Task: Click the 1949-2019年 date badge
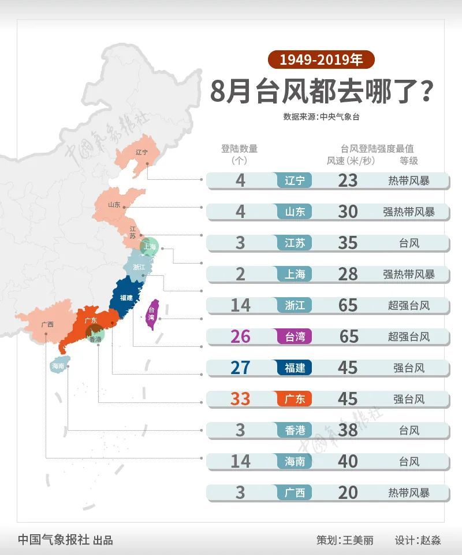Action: pyautogui.click(x=321, y=60)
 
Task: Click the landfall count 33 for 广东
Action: pyautogui.click(x=240, y=398)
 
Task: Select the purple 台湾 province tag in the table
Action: pyautogui.click(x=295, y=336)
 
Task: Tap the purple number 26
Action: pyautogui.click(x=240, y=336)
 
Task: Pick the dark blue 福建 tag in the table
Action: pyautogui.click(x=295, y=367)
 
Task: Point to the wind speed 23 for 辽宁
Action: pyautogui.click(x=348, y=180)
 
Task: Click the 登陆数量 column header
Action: pyautogui.click(x=239, y=149)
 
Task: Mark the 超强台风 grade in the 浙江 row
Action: pyautogui.click(x=409, y=305)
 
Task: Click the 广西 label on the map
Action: pyautogui.click(x=47, y=324)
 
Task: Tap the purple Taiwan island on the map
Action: pyautogui.click(x=152, y=315)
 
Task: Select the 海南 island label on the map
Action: pyautogui.click(x=58, y=366)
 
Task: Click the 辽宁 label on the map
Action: pyautogui.click(x=141, y=152)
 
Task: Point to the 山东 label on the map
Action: pyautogui.click(x=114, y=205)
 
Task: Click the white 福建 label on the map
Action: pyautogui.click(x=126, y=298)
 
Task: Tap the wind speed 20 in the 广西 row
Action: pyautogui.click(x=348, y=492)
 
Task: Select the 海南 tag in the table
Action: pyautogui.click(x=295, y=461)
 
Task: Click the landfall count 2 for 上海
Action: pyautogui.click(x=240, y=273)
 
